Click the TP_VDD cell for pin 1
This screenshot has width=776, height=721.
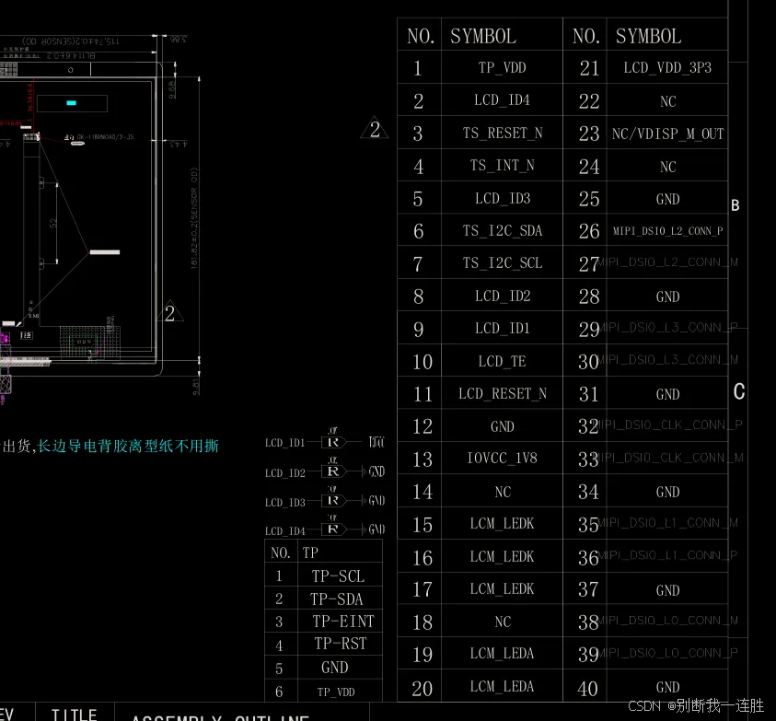click(x=502, y=68)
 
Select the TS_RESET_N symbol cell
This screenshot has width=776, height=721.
click(x=502, y=134)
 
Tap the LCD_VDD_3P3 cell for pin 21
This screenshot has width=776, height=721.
click(x=667, y=68)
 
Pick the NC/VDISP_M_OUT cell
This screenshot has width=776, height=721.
click(x=667, y=134)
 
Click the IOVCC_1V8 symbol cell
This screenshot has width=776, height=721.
click(x=502, y=459)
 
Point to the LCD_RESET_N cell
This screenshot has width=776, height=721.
click(x=502, y=394)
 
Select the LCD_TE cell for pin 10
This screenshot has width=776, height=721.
click(x=502, y=361)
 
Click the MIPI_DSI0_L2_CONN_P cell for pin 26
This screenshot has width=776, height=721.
click(x=667, y=231)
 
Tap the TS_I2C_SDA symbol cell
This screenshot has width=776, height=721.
click(x=502, y=231)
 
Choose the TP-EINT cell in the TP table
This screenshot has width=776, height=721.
click(x=342, y=622)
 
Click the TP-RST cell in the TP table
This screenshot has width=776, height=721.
click(x=340, y=644)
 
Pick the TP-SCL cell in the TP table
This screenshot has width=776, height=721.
click(x=338, y=576)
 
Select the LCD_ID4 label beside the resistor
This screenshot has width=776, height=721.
click(x=284, y=530)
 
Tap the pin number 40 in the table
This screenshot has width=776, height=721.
click(x=588, y=688)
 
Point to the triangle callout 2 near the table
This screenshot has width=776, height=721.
click(x=375, y=131)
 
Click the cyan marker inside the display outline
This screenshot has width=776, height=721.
click(x=72, y=103)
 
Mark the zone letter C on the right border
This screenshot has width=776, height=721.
click(x=738, y=392)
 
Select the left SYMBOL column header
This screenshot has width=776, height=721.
click(x=482, y=37)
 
